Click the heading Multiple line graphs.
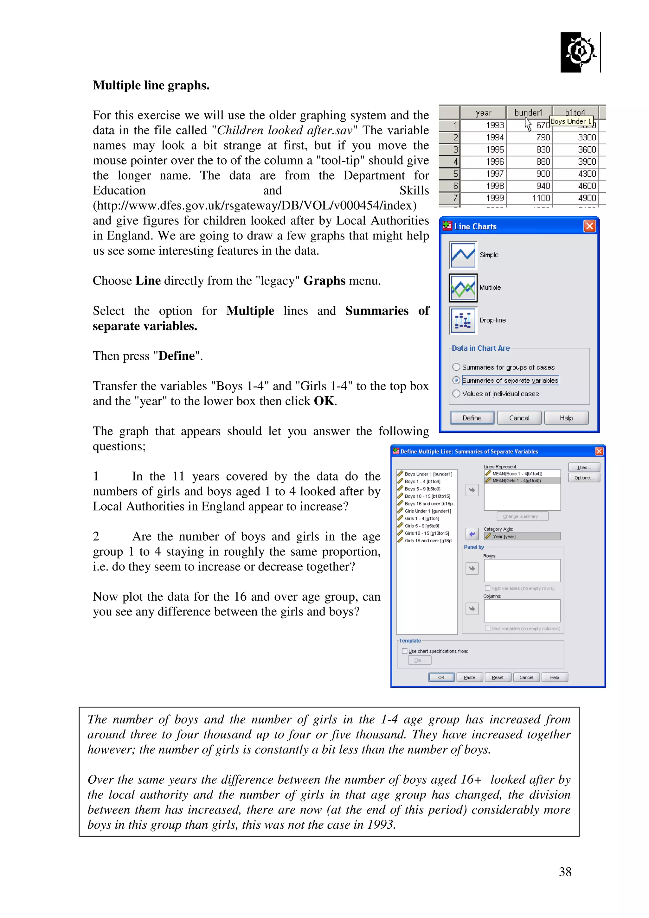click(x=151, y=86)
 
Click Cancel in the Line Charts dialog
click(x=519, y=418)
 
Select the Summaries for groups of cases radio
click(x=456, y=367)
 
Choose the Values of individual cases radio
click(x=456, y=394)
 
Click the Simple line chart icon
click(x=463, y=255)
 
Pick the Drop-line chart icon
click(x=463, y=320)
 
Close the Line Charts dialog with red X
click(x=589, y=226)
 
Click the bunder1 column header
click(x=529, y=113)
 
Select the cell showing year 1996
click(x=495, y=162)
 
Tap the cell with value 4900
click(x=587, y=198)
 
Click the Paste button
click(x=469, y=677)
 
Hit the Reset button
click(x=498, y=677)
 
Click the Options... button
click(x=584, y=478)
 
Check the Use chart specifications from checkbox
click(x=405, y=651)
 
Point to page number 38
click(x=565, y=872)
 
